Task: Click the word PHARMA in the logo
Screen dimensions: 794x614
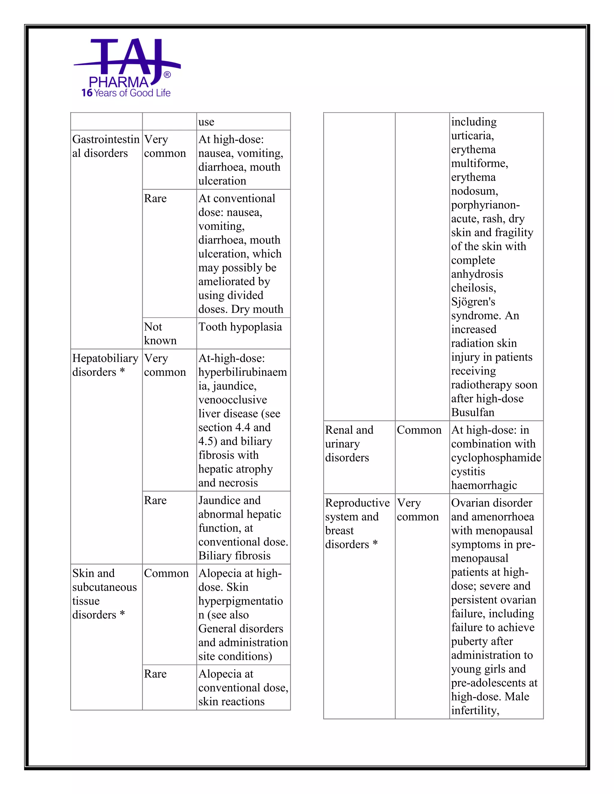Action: click(x=119, y=82)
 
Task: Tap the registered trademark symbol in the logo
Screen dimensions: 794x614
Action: click(x=167, y=75)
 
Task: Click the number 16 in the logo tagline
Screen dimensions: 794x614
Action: click(x=87, y=93)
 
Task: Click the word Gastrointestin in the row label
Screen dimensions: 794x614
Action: click(x=106, y=139)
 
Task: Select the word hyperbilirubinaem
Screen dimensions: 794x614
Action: click(x=242, y=372)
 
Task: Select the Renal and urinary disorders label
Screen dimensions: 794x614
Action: click(x=349, y=443)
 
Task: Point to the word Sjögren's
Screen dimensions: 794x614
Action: click(x=473, y=302)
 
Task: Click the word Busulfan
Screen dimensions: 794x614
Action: click(x=472, y=413)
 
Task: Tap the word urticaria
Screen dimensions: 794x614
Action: click(x=472, y=136)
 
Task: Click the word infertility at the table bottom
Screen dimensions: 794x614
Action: click(x=475, y=710)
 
